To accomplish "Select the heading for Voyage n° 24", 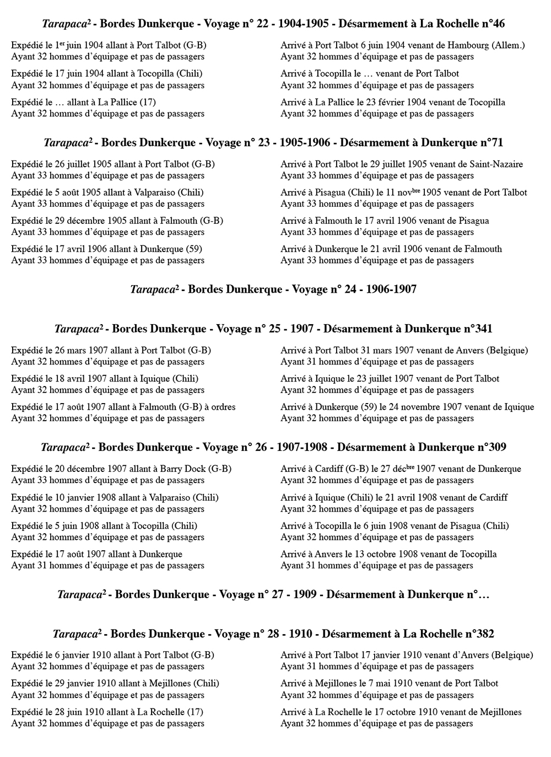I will pyautogui.click(x=273, y=289).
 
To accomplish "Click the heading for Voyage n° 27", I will pyautogui.click(x=273, y=594).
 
